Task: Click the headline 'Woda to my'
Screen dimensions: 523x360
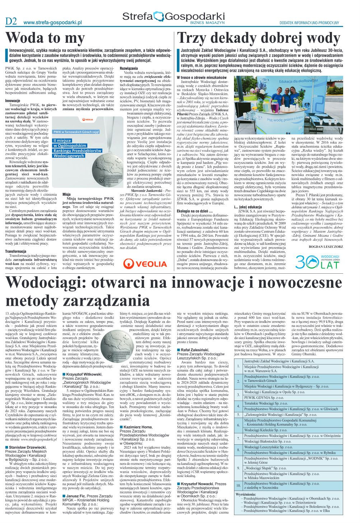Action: tap(46, 38)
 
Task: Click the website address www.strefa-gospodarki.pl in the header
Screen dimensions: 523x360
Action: tap(53, 22)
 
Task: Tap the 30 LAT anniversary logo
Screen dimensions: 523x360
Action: tap(317, 261)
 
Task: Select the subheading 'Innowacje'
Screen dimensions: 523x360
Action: tap(13, 101)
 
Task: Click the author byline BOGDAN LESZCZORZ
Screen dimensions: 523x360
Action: tap(326, 247)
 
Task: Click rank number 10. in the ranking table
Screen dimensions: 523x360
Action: tap(239, 485)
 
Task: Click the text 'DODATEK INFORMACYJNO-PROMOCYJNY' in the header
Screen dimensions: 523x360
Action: tap(309, 22)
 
